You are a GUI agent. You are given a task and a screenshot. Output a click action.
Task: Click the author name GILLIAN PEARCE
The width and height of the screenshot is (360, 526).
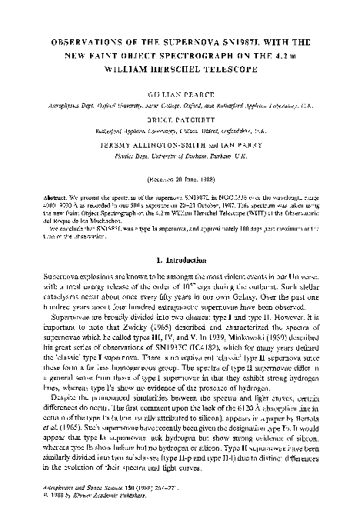[179, 99]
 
